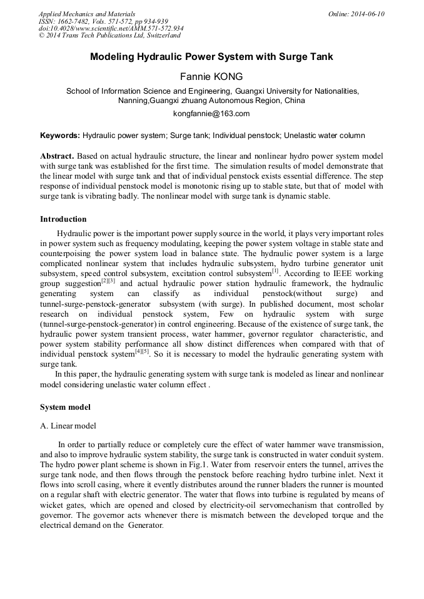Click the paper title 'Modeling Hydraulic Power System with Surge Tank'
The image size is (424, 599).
pyautogui.click(x=211, y=57)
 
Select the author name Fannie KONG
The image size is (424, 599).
pyautogui.click(x=211, y=77)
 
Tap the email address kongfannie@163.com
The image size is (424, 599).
pyautogui.click(x=211, y=113)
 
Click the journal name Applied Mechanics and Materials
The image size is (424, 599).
pyautogui.click(x=87, y=14)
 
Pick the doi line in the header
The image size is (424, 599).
pyautogui.click(x=111, y=29)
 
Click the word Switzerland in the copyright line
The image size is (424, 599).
pyautogui.click(x=159, y=36)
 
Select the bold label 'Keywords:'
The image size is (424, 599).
pyautogui.click(x=60, y=136)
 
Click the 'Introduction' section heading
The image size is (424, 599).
pyautogui.click(x=63, y=219)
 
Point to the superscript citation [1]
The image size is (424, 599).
pyautogui.click(x=275, y=270)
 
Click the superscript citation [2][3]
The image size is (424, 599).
pyautogui.click(x=109, y=280)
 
